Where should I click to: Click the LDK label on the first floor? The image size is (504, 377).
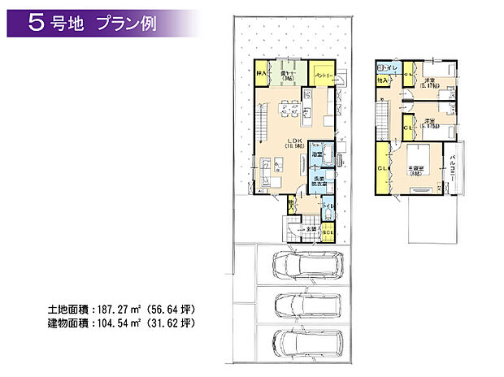[x=293, y=140]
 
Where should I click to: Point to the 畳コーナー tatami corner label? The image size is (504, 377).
[x=288, y=72]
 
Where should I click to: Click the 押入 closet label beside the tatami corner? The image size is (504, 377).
[x=262, y=73]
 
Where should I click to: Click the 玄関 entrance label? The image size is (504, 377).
[x=311, y=230]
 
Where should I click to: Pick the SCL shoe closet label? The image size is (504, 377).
[x=328, y=234]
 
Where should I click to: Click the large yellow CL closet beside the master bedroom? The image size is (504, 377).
[x=382, y=168]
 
